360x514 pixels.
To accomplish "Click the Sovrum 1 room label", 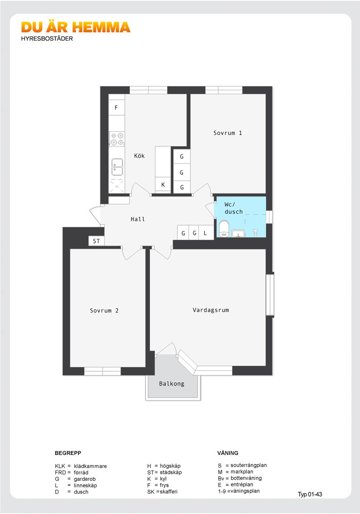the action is (x=228, y=133).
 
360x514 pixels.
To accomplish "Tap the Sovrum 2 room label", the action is (x=104, y=310).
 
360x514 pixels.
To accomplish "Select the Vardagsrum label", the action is (x=211, y=310).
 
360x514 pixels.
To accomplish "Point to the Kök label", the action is (x=139, y=156).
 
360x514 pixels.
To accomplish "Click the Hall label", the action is (x=138, y=219).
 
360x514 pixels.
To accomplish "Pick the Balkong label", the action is (x=172, y=383).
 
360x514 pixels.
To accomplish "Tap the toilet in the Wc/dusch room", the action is (x=224, y=228).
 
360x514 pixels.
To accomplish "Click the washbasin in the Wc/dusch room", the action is (x=238, y=233).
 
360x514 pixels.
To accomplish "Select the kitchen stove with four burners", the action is (x=117, y=139).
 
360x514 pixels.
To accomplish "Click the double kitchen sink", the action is (x=117, y=167).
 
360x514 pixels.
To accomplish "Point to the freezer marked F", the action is (x=117, y=107).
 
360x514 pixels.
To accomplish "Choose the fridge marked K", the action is (x=163, y=185).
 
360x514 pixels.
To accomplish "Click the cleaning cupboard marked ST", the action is (x=97, y=241).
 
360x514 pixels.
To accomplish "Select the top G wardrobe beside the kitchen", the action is (x=182, y=157).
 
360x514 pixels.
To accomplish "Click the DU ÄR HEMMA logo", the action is (x=76, y=28).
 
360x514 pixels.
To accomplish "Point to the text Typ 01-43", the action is (x=310, y=494).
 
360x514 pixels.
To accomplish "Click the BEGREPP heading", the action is (x=68, y=453).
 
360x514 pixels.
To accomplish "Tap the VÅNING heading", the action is (x=228, y=453).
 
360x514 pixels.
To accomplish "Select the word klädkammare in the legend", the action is (x=90, y=466).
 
